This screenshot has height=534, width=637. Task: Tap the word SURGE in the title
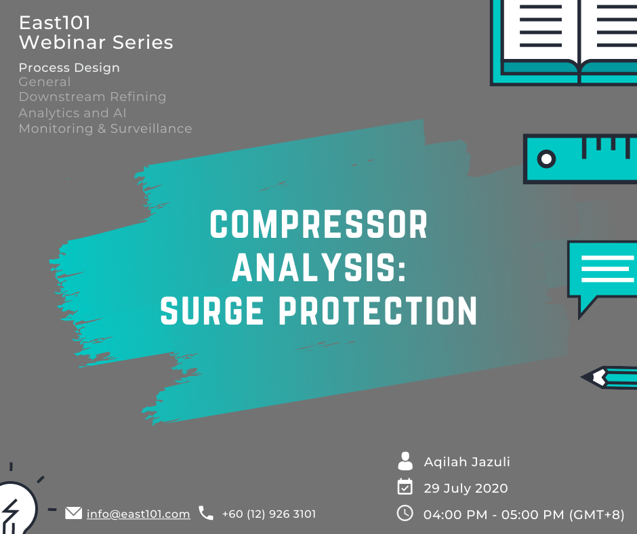(211, 310)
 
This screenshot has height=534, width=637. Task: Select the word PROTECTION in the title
(378, 310)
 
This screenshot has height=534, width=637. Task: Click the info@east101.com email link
(138, 514)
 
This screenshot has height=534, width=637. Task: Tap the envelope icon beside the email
(74, 513)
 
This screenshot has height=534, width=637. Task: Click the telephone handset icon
(205, 513)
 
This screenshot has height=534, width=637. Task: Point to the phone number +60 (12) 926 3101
(268, 514)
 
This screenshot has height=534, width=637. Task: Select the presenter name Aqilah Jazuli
(467, 461)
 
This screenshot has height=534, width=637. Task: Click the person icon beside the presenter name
(405, 461)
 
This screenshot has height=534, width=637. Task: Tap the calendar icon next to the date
(405, 487)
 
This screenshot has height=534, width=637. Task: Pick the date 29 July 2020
(466, 488)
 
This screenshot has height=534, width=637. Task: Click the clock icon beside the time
(405, 513)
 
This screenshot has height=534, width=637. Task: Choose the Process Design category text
(69, 68)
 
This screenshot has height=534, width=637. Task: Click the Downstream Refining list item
(92, 97)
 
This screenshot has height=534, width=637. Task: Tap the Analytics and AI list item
(73, 112)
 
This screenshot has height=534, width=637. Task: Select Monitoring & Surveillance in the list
(105, 129)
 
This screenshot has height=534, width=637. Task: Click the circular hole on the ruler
(546, 159)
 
